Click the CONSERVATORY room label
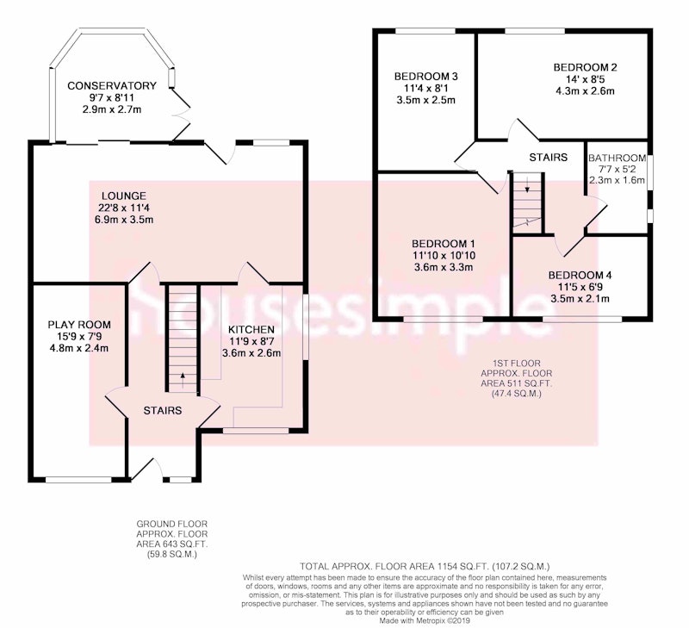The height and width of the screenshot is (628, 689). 112,85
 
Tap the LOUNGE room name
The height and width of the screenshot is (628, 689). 124,196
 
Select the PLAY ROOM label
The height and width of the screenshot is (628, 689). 79,326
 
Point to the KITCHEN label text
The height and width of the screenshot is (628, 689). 251,330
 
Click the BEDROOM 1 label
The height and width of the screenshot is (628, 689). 444,244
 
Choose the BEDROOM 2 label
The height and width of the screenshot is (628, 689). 585,68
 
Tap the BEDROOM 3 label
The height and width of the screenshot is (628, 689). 425,77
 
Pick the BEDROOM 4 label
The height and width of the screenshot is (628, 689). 580,276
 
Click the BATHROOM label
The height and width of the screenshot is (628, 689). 618,159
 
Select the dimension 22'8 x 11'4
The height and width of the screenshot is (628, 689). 124,208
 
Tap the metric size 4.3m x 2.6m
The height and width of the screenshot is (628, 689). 585,91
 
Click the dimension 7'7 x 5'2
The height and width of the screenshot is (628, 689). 616,169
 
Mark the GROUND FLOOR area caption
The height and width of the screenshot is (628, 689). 171,539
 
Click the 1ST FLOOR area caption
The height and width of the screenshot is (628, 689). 516,378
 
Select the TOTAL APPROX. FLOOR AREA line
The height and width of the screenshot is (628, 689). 425,566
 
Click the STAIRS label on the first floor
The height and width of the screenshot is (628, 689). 548,158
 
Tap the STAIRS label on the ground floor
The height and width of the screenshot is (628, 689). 163,410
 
